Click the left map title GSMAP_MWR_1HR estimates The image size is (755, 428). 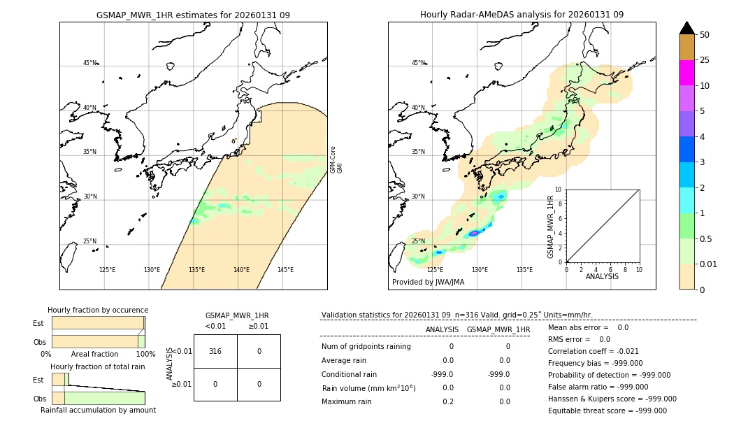tap(193, 15)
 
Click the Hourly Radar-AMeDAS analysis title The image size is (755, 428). tap(522, 15)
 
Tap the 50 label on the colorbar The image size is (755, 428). tap(705, 35)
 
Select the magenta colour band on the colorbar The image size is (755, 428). tap(686, 73)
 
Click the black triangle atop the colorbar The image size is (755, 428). tap(686, 28)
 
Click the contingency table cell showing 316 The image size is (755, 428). tap(215, 351)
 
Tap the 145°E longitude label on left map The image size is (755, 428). tap(285, 270)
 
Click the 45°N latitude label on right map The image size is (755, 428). tap(417, 63)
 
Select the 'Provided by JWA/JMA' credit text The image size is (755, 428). tap(428, 283)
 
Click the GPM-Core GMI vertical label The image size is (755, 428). tap(336, 159)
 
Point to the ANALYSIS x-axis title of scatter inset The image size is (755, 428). tap(602, 276)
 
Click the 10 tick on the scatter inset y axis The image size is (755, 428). tap(559, 190)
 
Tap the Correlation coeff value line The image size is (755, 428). tap(594, 352)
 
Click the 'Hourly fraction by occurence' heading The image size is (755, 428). tap(98, 310)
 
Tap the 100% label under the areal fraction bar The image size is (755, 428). tap(145, 355)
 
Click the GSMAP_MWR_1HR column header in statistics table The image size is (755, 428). tap(498, 329)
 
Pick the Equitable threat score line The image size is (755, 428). tap(607, 411)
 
